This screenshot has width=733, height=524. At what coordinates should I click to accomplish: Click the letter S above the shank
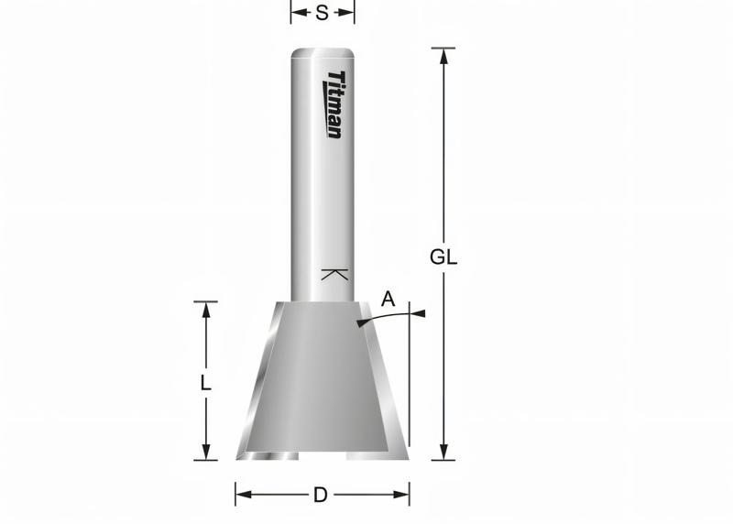pyautogui.click(x=322, y=13)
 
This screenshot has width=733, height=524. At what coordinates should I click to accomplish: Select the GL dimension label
pyautogui.click(x=443, y=257)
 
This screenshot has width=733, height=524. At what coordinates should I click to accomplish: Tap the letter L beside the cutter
pyautogui.click(x=206, y=384)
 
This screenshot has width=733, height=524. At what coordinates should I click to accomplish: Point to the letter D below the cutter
pyautogui.click(x=321, y=496)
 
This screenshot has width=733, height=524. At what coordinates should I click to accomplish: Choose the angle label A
pyautogui.click(x=388, y=299)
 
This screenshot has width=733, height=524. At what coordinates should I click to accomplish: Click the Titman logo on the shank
pyautogui.click(x=334, y=104)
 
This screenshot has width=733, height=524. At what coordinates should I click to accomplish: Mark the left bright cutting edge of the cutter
pyautogui.click(x=258, y=385)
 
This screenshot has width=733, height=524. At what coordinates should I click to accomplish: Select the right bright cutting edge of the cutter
pyautogui.click(x=387, y=385)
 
